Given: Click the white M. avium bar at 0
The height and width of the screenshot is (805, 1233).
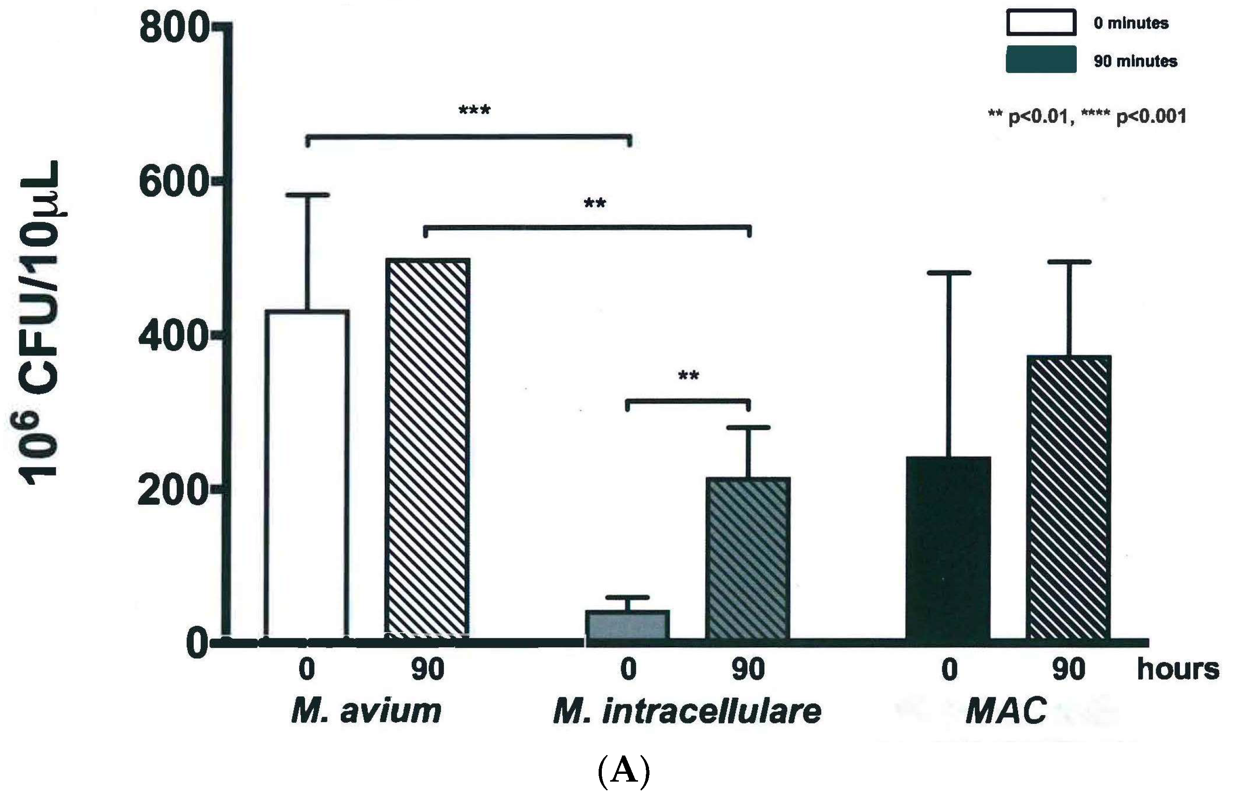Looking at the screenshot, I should (307, 474).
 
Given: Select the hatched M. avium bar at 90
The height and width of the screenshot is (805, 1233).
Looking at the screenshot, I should (427, 449).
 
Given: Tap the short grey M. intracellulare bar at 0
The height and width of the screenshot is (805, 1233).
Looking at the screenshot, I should (627, 624).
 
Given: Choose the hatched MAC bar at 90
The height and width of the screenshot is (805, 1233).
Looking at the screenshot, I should (1068, 498).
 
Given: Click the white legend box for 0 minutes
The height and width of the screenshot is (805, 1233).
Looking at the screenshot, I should (1041, 23).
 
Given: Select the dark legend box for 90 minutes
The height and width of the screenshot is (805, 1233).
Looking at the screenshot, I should (1041, 60).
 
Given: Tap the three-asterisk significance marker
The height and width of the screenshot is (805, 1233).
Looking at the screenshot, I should (474, 110).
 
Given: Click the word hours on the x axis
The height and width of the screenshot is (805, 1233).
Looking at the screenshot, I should (1178, 669).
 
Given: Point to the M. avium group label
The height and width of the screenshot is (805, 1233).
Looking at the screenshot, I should (366, 711).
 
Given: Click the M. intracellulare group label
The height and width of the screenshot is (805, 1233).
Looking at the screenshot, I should (687, 711).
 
